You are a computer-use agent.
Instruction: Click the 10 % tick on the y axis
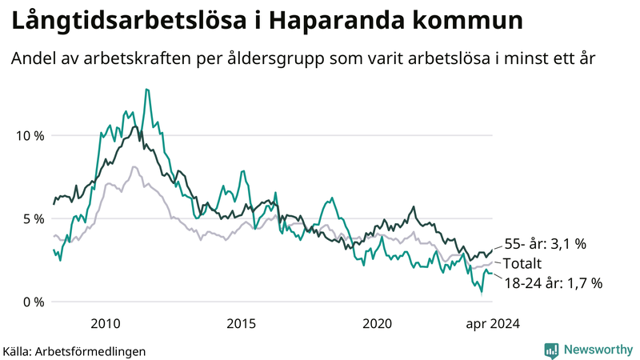[30, 135]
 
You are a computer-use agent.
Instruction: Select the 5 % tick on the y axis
[33, 218]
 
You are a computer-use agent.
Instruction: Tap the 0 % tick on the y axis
[33, 302]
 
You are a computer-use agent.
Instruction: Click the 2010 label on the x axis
[106, 324]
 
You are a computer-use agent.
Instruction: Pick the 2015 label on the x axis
[241, 324]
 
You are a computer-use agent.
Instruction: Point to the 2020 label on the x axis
[377, 324]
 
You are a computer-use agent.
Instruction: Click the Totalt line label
[522, 264]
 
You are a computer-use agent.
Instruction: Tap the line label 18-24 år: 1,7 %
[553, 282]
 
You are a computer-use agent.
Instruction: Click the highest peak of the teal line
[146, 90]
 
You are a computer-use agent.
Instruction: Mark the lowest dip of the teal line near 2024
[481, 293]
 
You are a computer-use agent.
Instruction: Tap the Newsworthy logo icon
[551, 350]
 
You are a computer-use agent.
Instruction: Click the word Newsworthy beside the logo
[598, 350]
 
